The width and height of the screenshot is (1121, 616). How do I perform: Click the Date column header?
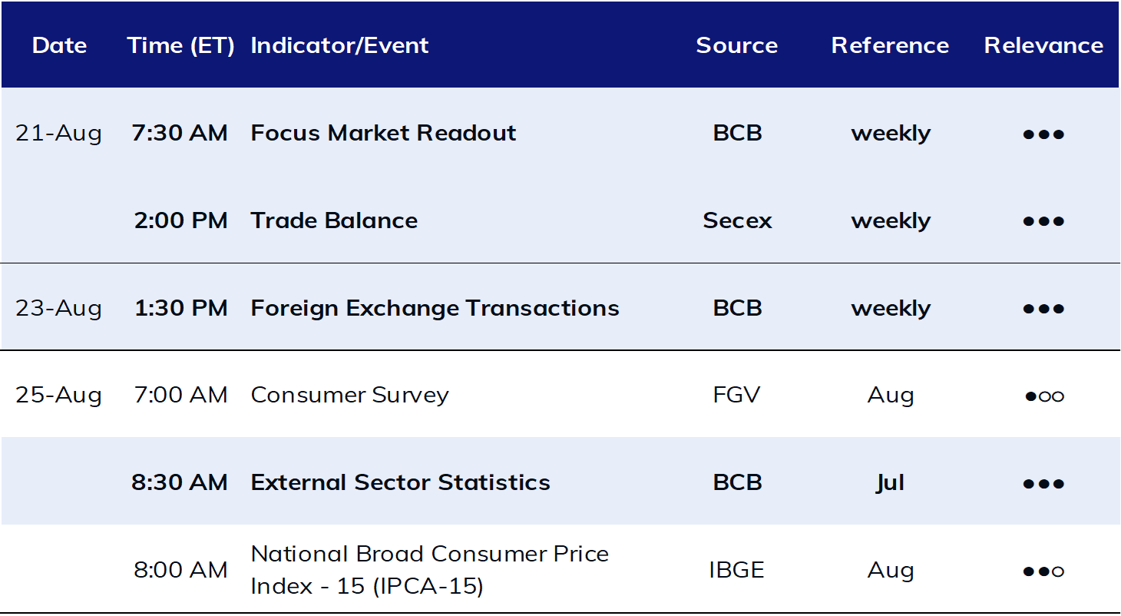click(x=59, y=45)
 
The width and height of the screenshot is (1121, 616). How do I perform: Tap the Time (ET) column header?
click(x=180, y=46)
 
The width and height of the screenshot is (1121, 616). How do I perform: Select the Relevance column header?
click(x=1043, y=45)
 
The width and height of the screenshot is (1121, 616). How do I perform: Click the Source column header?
click(x=736, y=45)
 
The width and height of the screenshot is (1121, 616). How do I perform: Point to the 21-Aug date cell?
click(x=58, y=133)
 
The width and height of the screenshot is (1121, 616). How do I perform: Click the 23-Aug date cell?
click(x=58, y=308)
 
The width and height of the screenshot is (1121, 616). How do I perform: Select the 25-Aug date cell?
click(x=58, y=395)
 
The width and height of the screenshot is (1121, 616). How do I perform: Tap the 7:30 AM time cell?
click(x=180, y=133)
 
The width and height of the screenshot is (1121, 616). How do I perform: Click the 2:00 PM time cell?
click(x=180, y=221)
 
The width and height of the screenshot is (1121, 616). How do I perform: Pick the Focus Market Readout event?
click(x=383, y=133)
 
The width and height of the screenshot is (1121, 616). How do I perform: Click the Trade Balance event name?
click(x=334, y=221)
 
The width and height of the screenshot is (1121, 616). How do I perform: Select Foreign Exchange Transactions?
click(x=435, y=308)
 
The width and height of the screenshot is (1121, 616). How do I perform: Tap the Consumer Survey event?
click(x=350, y=395)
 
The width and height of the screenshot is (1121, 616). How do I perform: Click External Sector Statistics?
click(x=400, y=483)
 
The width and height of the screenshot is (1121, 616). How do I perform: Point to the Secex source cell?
click(x=737, y=221)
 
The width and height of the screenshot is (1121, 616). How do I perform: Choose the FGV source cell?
click(x=736, y=395)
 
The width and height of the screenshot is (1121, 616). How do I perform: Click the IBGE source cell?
click(x=736, y=570)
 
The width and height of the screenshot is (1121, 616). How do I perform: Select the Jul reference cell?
click(x=891, y=483)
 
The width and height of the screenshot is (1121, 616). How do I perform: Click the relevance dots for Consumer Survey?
click(x=1044, y=396)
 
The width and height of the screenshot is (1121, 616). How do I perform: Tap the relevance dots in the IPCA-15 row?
click(x=1043, y=571)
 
